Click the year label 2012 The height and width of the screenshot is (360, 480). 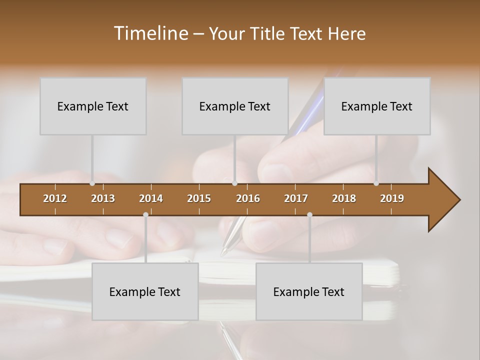tap(55, 198)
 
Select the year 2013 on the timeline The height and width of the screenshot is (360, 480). tap(103, 198)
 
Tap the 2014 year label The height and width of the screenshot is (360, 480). tap(151, 198)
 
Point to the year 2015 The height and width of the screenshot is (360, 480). tap(199, 198)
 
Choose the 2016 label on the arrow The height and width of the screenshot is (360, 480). tap(248, 198)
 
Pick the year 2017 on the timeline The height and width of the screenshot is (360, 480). tap(296, 198)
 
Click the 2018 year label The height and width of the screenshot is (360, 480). tap(344, 198)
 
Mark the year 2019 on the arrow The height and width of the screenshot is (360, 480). tap(392, 198)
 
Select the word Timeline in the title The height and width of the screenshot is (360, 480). tap(150, 33)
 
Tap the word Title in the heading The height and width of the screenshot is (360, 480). tap(268, 33)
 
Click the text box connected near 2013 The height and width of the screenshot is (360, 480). tap(93, 106)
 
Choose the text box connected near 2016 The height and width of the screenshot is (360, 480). tap(235, 106)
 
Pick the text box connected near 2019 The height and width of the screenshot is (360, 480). tap(377, 106)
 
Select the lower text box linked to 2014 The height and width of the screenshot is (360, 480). tap(145, 291)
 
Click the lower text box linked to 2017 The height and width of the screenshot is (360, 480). tap(309, 291)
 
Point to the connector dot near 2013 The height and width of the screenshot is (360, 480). tap(92, 183)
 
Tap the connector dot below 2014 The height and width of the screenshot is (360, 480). tap(145, 215)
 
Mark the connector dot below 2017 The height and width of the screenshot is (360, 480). tap(309, 215)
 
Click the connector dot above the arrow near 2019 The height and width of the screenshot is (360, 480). tap(376, 183)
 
